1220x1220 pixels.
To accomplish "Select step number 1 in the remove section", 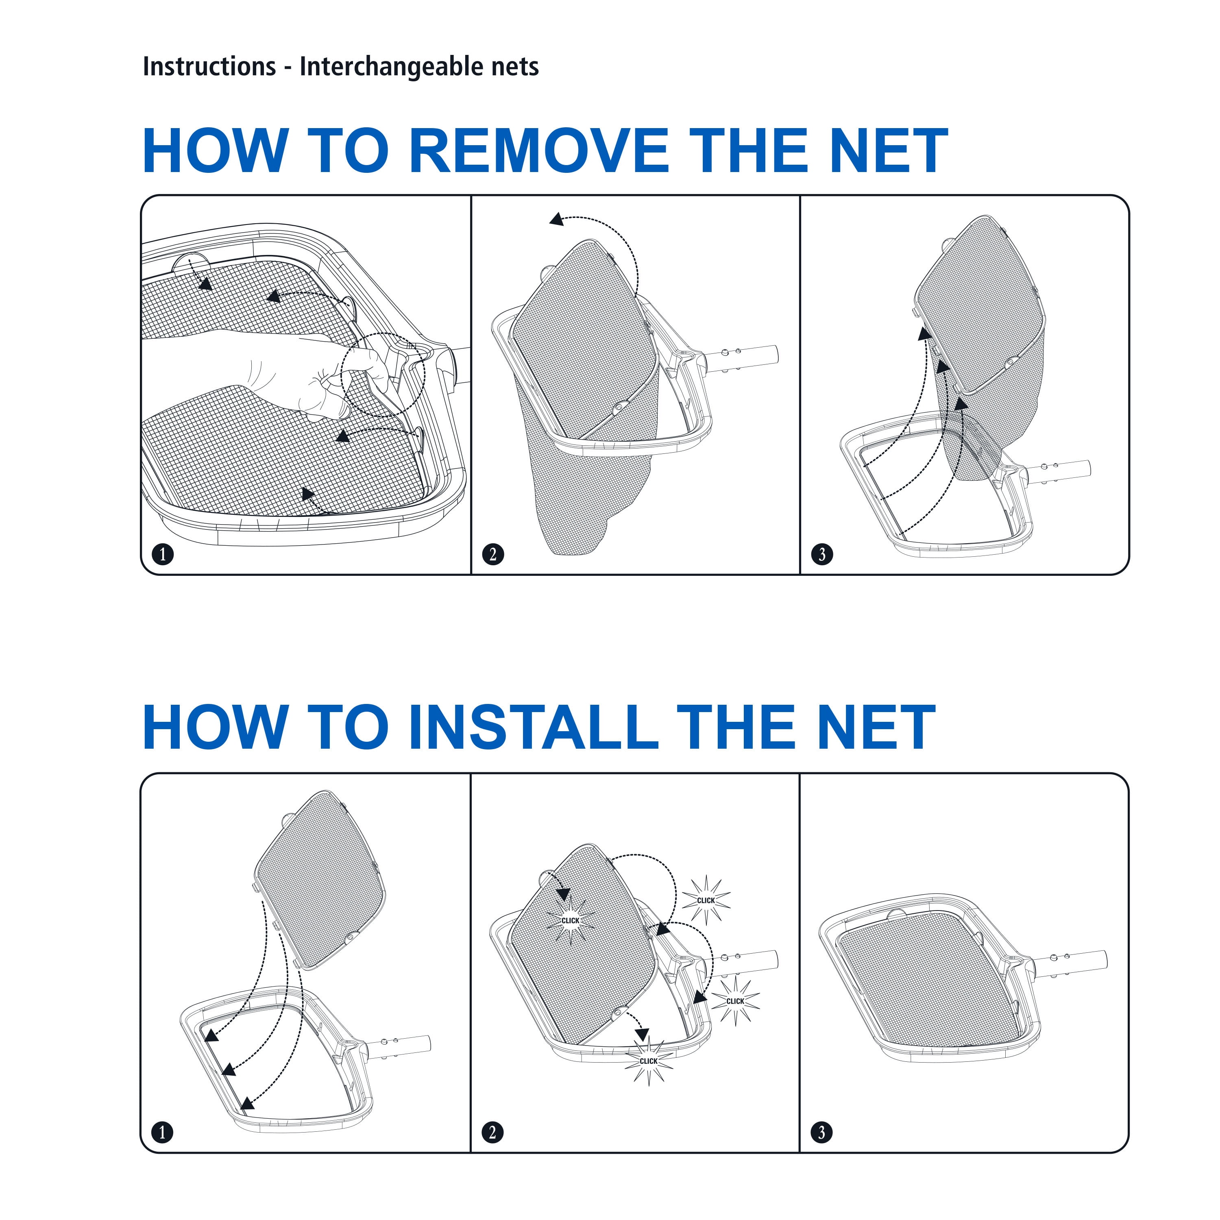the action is (x=163, y=554).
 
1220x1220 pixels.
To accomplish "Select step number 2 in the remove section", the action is (x=493, y=554).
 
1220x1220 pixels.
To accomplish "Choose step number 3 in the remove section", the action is (x=822, y=554).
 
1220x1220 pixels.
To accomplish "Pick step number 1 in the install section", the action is (x=163, y=1132).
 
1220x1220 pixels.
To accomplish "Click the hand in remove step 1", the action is (x=278, y=373).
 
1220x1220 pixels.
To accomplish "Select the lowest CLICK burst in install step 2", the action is (x=649, y=1061).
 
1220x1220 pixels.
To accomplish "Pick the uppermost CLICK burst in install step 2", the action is (x=706, y=900).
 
